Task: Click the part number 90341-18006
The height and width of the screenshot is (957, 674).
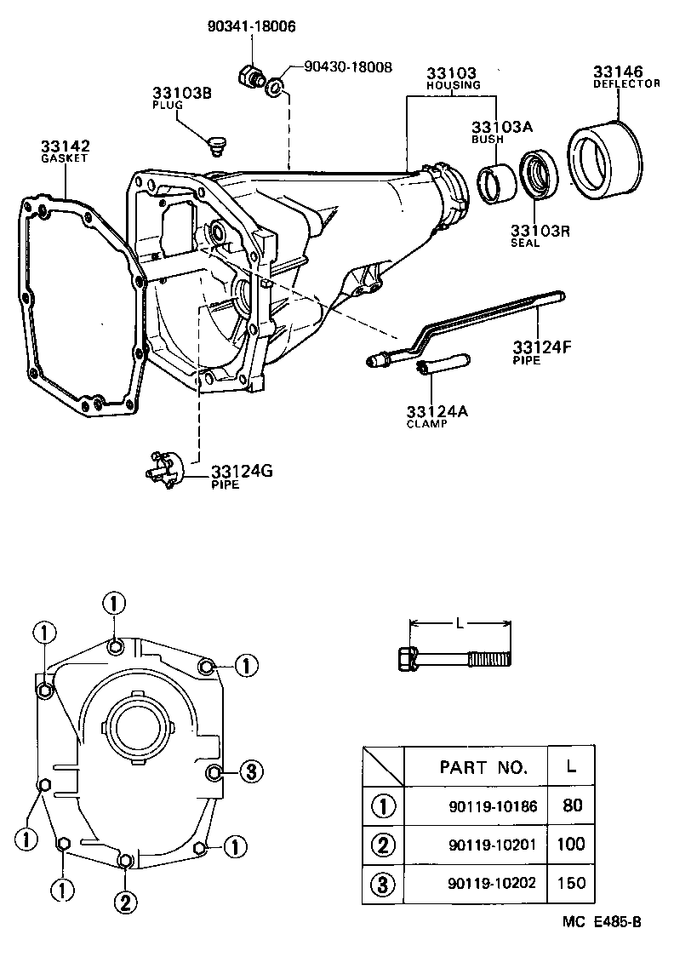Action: point(251,26)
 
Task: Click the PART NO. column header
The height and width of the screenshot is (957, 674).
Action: point(483,766)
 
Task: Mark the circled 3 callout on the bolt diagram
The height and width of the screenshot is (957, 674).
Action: point(250,771)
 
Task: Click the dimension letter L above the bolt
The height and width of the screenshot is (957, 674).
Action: point(460,623)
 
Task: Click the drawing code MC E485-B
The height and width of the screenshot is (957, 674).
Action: point(600,922)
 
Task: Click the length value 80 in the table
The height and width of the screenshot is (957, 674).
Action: point(572,805)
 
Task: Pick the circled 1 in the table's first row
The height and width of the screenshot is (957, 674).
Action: point(382,805)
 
